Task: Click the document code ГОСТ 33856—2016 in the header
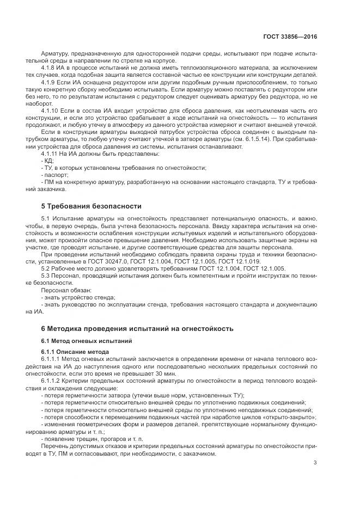click(x=290, y=36)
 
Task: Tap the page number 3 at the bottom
click(x=315, y=463)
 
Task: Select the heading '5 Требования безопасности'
click(x=91, y=206)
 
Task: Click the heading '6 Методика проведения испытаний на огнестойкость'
click(x=137, y=329)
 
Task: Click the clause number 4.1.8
click(x=49, y=67)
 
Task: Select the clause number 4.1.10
click(x=51, y=111)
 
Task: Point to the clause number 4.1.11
click(x=51, y=154)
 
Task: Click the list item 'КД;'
click(x=48, y=161)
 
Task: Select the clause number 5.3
click(x=46, y=277)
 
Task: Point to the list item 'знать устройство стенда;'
click(x=78, y=298)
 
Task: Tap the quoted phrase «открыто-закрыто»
click(x=292, y=416)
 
